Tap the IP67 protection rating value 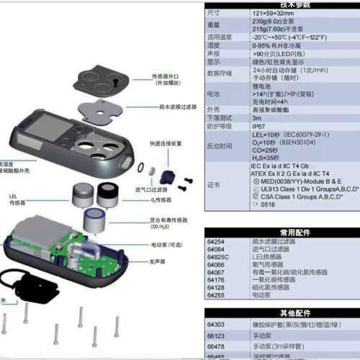[258, 125]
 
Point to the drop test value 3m [256, 117]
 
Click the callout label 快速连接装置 [166, 142]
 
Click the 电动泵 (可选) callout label [168, 245]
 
